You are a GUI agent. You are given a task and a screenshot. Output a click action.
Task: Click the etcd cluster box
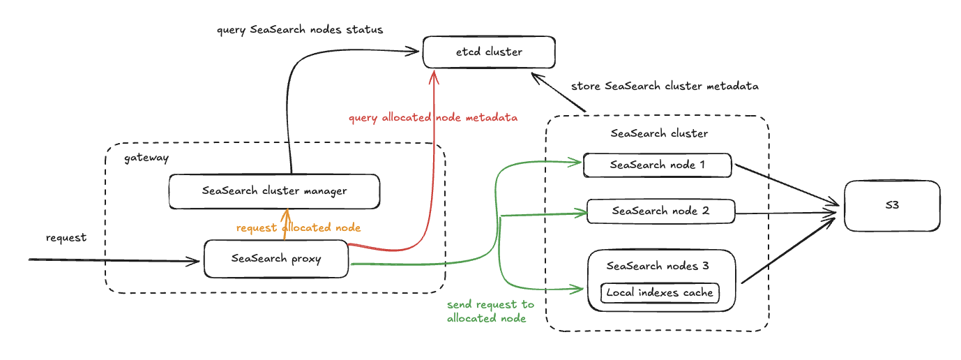489,52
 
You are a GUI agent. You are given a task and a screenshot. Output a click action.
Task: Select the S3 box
892,206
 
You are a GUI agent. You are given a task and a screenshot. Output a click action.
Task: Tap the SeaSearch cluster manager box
274,191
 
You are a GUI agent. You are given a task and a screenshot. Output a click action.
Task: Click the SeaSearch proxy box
275,259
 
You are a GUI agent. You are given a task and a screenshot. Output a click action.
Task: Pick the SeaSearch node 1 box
657,165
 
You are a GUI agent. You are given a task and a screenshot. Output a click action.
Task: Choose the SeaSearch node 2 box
661,211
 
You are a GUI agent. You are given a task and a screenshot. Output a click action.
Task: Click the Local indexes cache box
660,292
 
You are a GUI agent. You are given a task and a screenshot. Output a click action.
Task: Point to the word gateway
146,158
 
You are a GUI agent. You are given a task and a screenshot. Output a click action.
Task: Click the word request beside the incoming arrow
66,238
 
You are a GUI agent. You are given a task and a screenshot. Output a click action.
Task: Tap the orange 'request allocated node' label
298,228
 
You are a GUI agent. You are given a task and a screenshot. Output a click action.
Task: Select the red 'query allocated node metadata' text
433,118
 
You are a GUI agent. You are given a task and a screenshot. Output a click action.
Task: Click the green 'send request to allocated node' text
490,311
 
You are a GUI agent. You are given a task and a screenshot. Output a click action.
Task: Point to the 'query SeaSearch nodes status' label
300,31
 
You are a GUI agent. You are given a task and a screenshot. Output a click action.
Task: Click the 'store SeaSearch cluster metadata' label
665,87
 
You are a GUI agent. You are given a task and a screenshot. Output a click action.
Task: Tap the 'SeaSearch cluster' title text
659,133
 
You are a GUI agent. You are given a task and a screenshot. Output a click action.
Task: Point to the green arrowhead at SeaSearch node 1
577,164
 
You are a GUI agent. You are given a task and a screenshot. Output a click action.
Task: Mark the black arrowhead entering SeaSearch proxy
196,262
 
